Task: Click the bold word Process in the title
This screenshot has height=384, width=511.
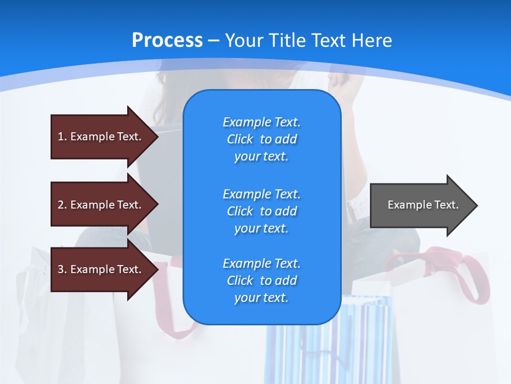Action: coord(167,41)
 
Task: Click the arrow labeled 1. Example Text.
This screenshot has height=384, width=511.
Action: coord(101,137)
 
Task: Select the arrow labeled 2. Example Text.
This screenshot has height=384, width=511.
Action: coord(101,205)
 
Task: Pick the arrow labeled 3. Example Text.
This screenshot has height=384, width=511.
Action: coord(101,269)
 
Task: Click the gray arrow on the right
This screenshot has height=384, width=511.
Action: coord(421,205)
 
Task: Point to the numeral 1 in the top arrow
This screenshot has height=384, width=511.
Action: coord(61,137)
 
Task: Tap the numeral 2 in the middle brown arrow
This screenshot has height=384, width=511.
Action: coord(61,205)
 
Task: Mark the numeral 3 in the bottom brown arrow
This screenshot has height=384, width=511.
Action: coord(61,269)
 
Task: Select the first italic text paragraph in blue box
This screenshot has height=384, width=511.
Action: coord(261,139)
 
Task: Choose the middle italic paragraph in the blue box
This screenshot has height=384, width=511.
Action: coord(261,211)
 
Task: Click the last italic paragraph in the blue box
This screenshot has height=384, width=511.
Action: coord(261,281)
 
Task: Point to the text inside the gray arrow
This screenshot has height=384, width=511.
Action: coord(423,205)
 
